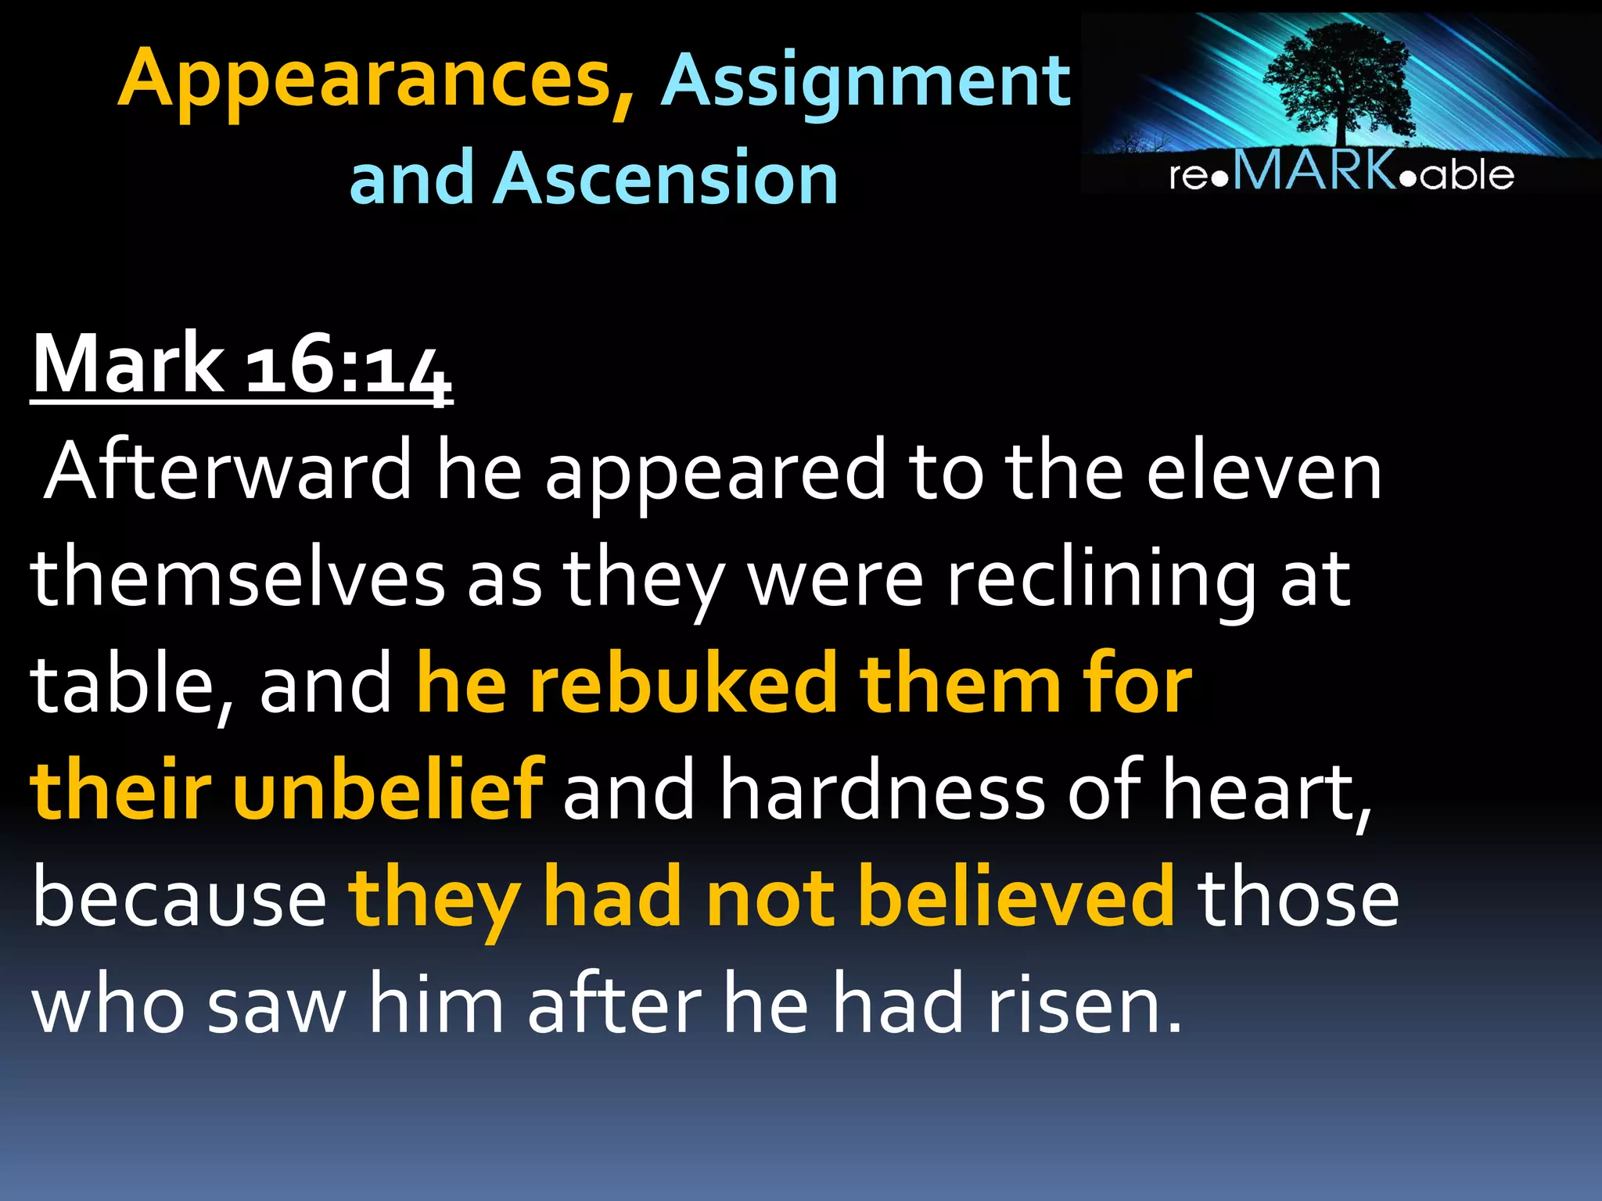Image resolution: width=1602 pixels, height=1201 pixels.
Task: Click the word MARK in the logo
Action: (x=1315, y=170)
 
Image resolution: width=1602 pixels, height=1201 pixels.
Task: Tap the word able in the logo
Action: (x=1467, y=174)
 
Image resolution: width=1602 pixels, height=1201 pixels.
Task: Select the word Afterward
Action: (x=228, y=471)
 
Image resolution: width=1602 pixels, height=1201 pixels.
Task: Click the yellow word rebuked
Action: (x=682, y=684)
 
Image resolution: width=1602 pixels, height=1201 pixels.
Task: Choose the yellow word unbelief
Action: (x=388, y=789)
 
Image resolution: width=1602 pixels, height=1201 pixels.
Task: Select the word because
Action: (x=179, y=899)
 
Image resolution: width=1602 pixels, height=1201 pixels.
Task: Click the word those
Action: (x=1298, y=898)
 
